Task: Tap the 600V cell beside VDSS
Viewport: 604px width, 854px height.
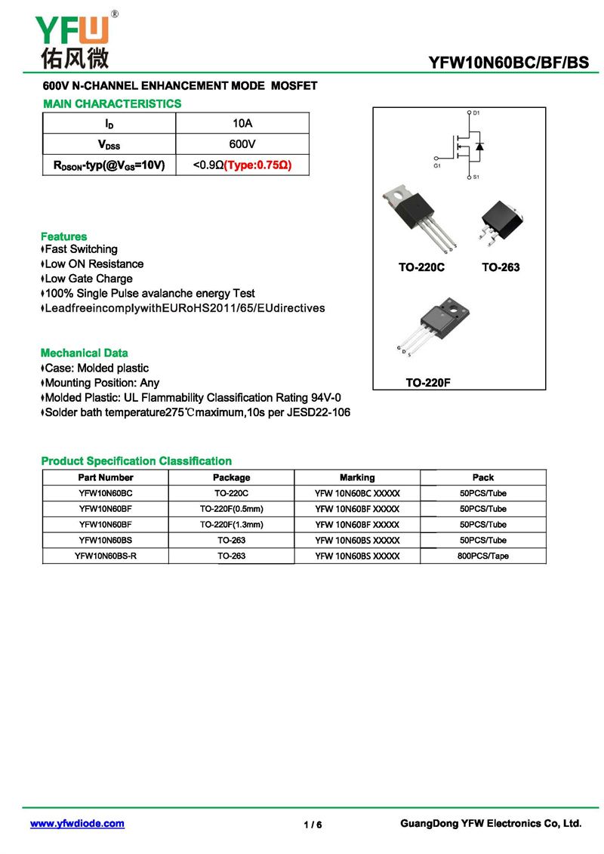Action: pyautogui.click(x=242, y=143)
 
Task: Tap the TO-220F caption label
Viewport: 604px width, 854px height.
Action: pyautogui.click(x=428, y=383)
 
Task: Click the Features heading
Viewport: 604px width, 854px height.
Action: pyautogui.click(x=64, y=236)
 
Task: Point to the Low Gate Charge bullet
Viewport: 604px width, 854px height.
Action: pyautogui.click(x=88, y=279)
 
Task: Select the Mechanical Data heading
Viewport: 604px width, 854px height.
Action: pyautogui.click(x=85, y=353)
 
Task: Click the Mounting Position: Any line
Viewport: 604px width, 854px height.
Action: pyautogui.click(x=101, y=383)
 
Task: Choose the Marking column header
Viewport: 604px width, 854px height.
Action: pyautogui.click(x=357, y=477)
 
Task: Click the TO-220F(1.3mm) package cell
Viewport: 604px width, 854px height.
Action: pyautogui.click(x=231, y=524)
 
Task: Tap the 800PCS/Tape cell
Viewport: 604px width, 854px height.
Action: pyautogui.click(x=483, y=556)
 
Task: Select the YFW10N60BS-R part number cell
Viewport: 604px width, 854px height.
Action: pyautogui.click(x=106, y=556)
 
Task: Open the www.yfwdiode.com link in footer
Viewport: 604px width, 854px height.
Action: pyautogui.click(x=77, y=824)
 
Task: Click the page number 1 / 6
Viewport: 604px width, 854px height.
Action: pyautogui.click(x=313, y=825)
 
